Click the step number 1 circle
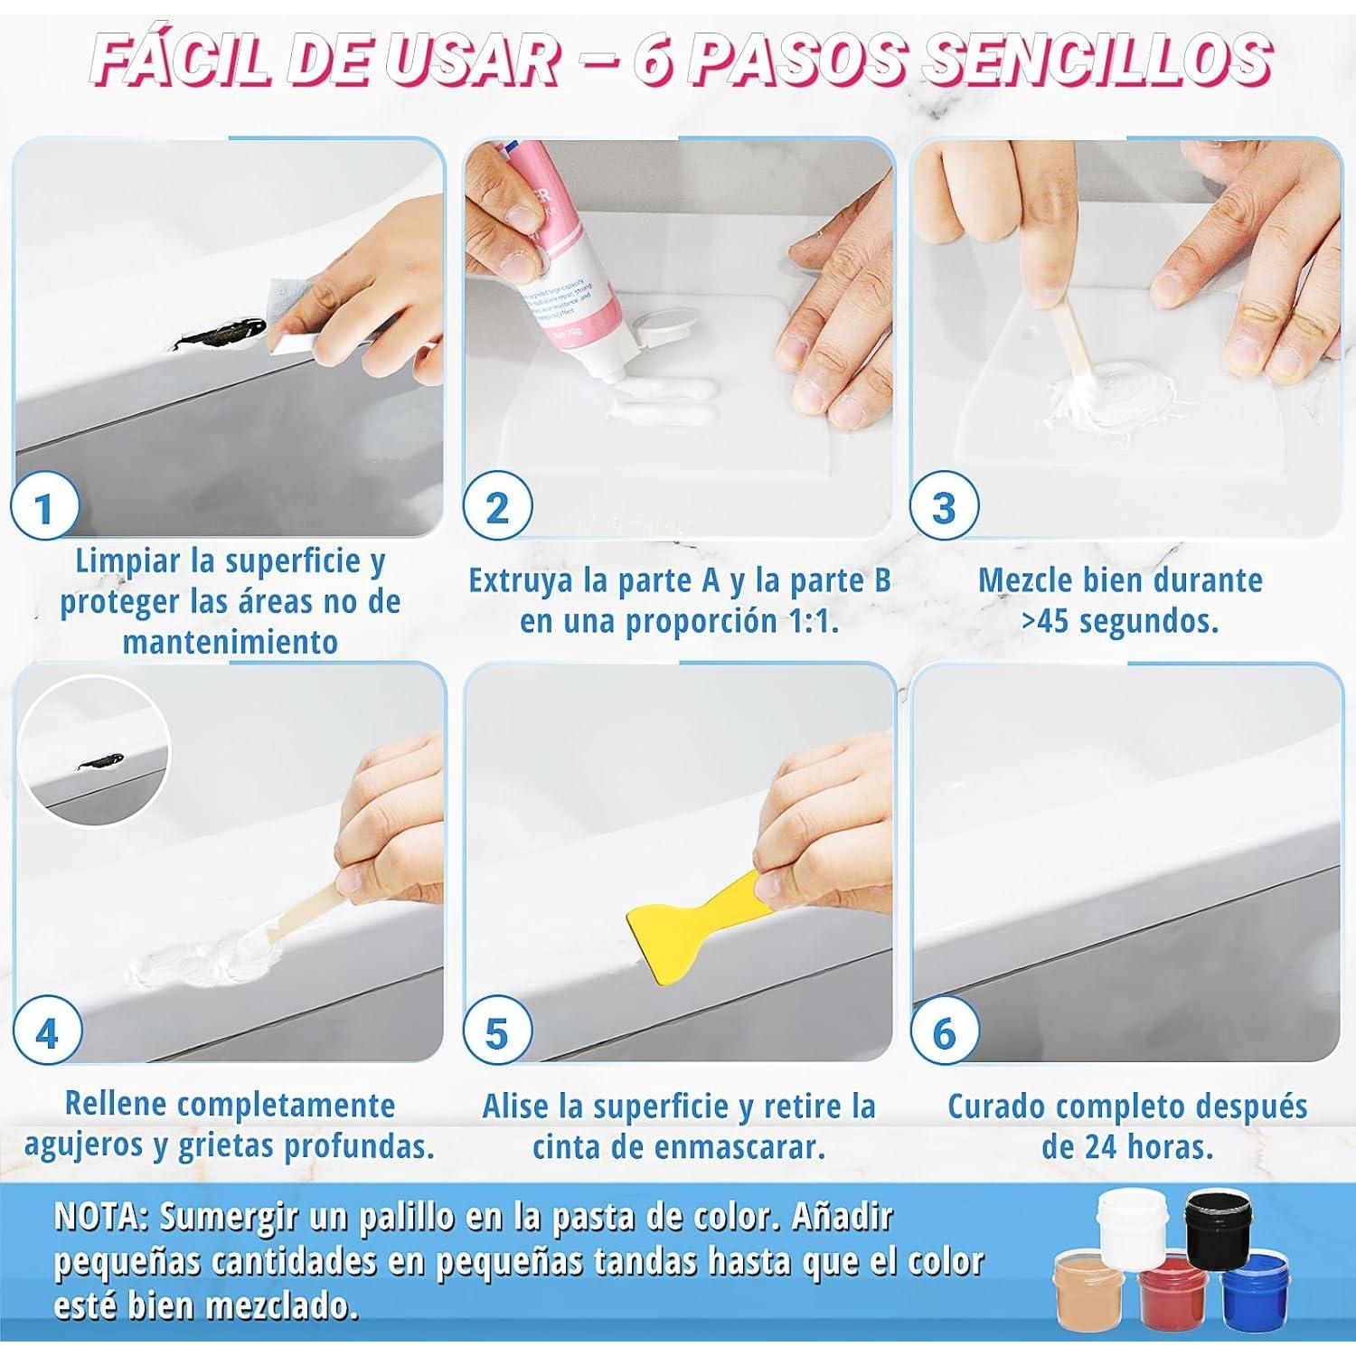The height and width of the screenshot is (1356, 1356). pyautogui.click(x=44, y=508)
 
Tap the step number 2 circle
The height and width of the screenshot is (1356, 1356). pyautogui.click(x=496, y=508)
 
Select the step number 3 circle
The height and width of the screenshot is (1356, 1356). pyautogui.click(x=943, y=508)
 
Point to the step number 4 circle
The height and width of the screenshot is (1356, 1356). pyautogui.click(x=46, y=1032)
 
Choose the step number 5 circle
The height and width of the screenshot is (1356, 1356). pyautogui.click(x=496, y=1032)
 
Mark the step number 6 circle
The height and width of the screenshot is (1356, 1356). pyautogui.click(x=943, y=1032)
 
